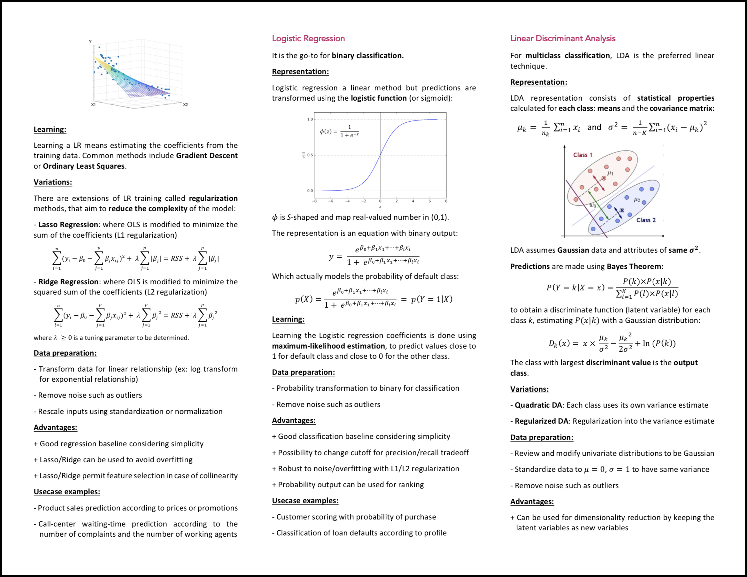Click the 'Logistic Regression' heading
point(308,38)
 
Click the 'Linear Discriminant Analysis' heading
point(563,38)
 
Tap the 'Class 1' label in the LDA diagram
point(582,155)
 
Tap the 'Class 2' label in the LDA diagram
point(646,220)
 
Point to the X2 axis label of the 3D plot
point(185,105)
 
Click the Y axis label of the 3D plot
point(90,42)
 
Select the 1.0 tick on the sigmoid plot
point(310,119)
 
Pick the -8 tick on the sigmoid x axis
point(314,201)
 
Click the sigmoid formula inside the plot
point(339,131)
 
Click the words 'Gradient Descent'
point(207,156)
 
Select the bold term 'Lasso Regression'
point(68,225)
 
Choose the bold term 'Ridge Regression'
point(68,282)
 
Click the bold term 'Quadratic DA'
point(538,405)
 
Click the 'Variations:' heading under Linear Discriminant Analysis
point(529,389)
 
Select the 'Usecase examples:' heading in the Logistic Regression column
point(305,501)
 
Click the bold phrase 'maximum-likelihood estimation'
point(328,346)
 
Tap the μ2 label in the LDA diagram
point(636,200)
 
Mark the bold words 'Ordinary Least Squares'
point(83,166)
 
